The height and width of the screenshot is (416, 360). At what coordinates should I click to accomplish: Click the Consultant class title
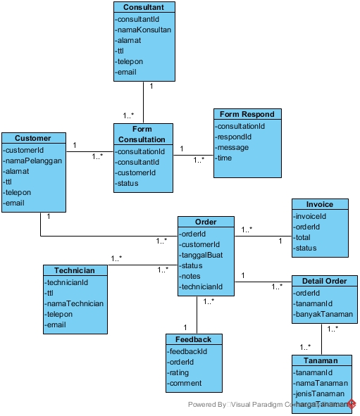143,7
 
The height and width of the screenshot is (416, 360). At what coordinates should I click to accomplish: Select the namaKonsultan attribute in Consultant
144,30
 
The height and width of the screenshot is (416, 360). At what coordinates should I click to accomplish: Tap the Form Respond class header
247,114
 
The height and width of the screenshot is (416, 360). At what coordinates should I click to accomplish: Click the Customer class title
33,138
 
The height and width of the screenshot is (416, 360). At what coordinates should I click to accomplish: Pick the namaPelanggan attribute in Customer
34,160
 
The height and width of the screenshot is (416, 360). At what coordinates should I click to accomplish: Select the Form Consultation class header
142,134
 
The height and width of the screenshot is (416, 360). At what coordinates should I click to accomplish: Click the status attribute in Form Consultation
128,183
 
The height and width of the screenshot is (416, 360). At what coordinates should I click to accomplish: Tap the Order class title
205,222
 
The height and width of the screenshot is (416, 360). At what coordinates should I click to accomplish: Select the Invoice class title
320,204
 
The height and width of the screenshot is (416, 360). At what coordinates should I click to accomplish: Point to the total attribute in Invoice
304,237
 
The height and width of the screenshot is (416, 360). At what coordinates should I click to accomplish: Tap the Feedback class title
193,339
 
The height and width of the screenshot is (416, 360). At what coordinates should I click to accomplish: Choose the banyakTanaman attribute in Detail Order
324,314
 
